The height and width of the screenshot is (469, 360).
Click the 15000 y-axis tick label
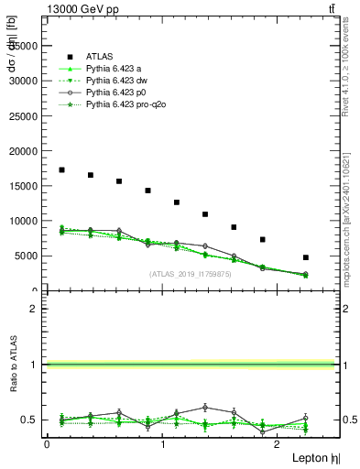[x=24, y=186]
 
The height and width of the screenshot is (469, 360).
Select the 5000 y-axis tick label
[x=27, y=256]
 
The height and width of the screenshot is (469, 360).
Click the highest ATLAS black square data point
[x=61, y=169]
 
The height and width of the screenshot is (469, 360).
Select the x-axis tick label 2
[x=278, y=443]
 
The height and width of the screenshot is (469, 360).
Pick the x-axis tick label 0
[x=47, y=443]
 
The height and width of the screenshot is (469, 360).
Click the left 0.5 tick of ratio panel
[x=32, y=420]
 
